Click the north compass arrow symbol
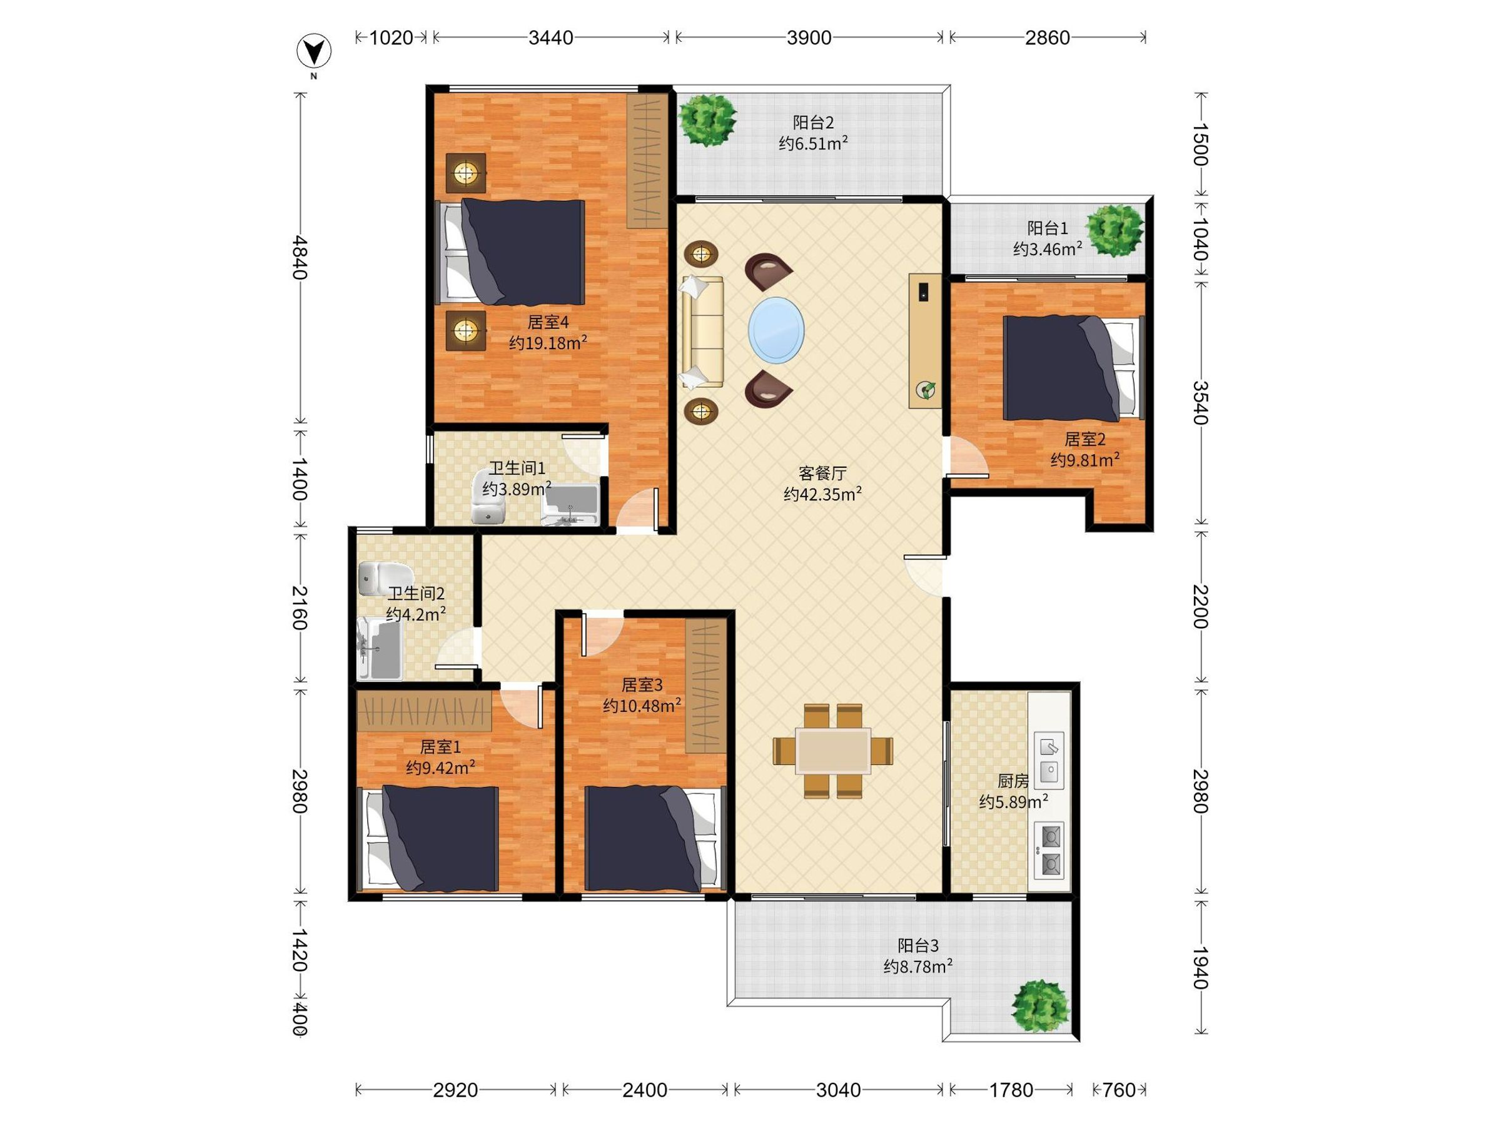pyautogui.click(x=314, y=51)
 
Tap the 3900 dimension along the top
pyautogui.click(x=809, y=38)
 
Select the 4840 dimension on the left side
pyautogui.click(x=299, y=257)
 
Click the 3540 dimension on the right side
pyautogui.click(x=1200, y=402)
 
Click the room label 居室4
pyautogui.click(x=548, y=322)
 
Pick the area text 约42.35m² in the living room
pyautogui.click(x=822, y=494)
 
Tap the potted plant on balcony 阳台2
pyautogui.click(x=709, y=119)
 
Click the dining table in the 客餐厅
pyautogui.click(x=833, y=751)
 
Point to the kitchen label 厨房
pyautogui.click(x=1013, y=781)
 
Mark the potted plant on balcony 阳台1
pyautogui.click(x=1114, y=230)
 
